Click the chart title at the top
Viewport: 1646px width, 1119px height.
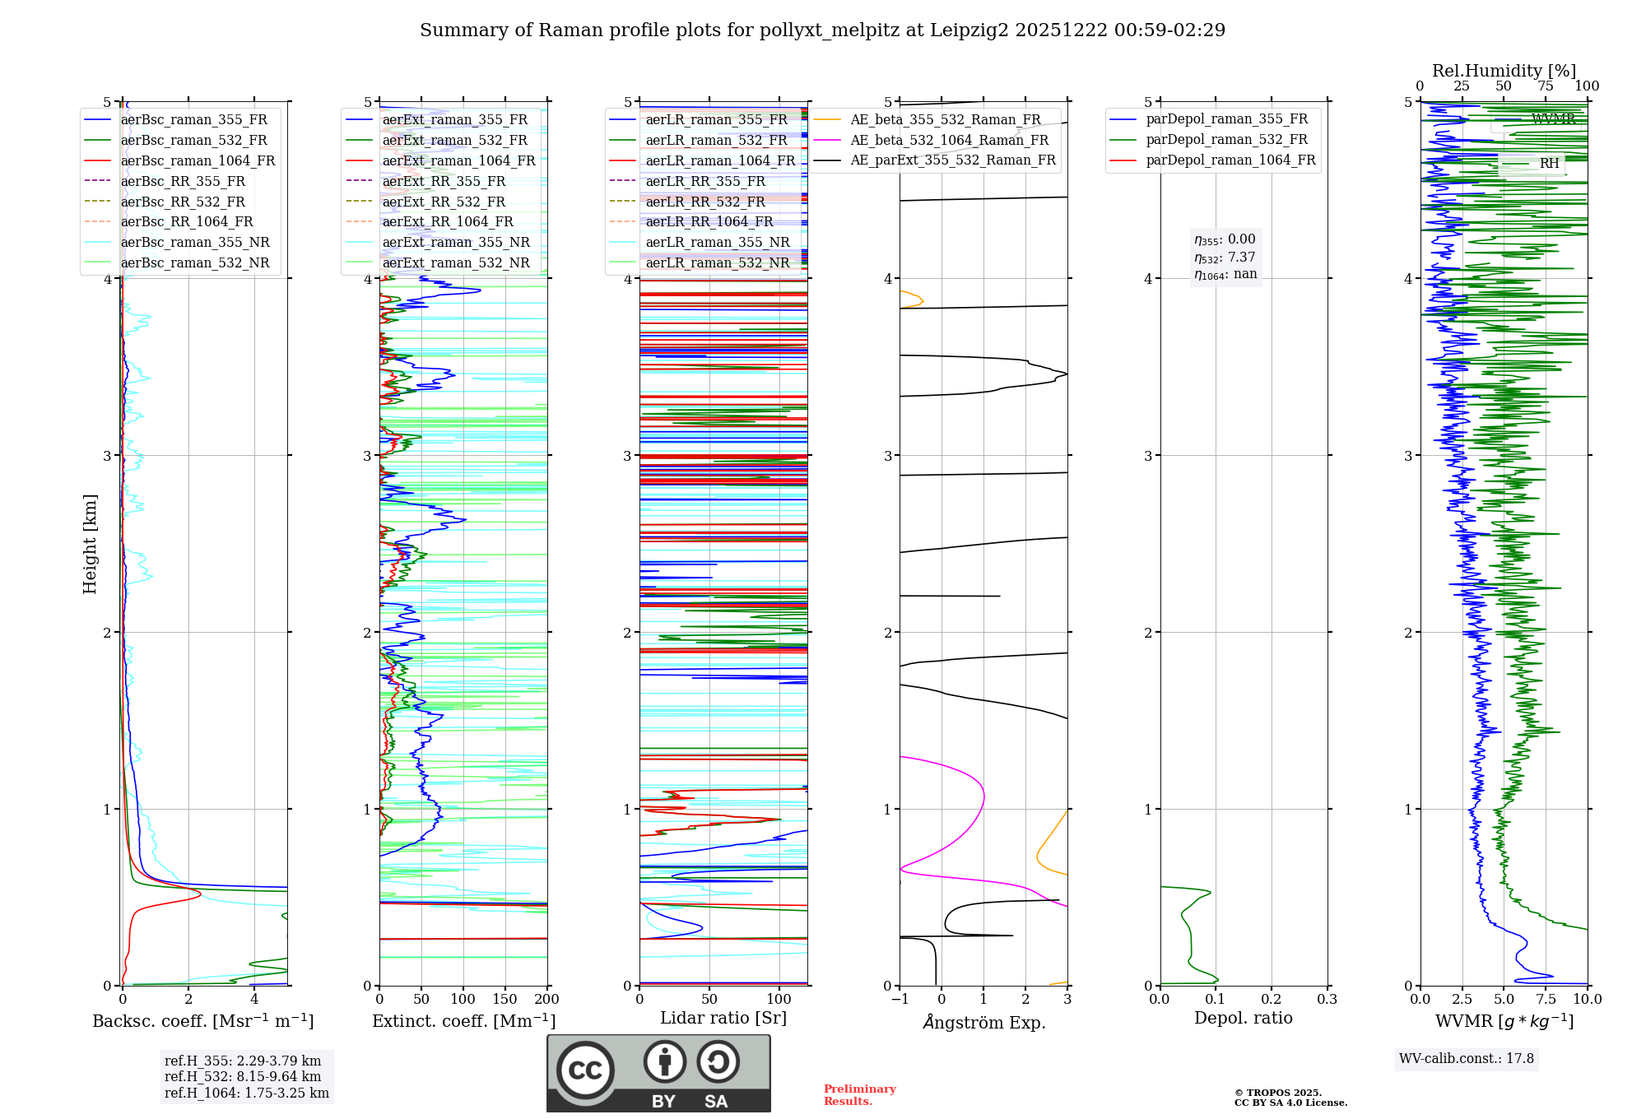coord(822,30)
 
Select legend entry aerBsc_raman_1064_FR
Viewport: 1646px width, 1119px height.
coord(198,160)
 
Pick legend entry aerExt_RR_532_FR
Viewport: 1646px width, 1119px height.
coord(444,202)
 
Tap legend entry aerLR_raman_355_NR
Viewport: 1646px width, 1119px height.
coord(717,242)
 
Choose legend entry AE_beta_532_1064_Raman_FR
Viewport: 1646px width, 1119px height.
coord(949,140)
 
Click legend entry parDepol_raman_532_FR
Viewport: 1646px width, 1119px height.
coord(1226,140)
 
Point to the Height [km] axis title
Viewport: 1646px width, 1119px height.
coord(90,544)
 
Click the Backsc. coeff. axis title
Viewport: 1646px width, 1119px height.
coord(202,1021)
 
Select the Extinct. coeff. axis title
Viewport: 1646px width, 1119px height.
coord(463,1021)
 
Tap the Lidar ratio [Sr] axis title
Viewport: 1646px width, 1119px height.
coord(723,1018)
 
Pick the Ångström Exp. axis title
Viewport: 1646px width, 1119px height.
coord(983,1022)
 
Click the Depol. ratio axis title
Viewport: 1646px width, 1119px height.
coord(1243,1018)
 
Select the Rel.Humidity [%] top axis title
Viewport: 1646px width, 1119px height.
coord(1504,71)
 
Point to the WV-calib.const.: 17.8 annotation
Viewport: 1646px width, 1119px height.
coord(1466,1058)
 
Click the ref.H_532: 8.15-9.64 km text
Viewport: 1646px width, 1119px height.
coord(243,1076)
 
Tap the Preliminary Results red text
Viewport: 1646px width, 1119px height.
coord(859,1094)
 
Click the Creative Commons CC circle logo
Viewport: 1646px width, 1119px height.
coord(585,1070)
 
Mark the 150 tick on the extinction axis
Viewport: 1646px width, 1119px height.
coord(504,999)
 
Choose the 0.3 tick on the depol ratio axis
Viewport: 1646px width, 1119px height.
coord(1327,999)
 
